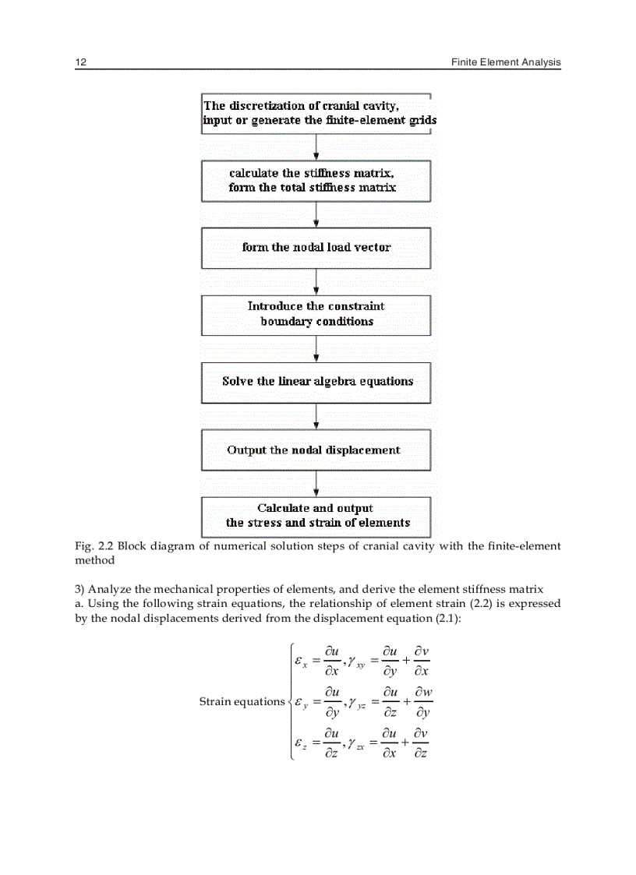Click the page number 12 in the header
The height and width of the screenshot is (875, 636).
tap(79, 62)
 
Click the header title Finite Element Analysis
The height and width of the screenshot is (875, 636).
tap(506, 62)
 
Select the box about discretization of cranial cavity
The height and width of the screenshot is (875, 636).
tap(316, 113)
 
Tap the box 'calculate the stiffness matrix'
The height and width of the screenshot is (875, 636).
tap(316, 181)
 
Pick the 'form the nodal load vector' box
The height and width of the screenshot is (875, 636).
tap(316, 248)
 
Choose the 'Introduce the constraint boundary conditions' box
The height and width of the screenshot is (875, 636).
tap(316, 315)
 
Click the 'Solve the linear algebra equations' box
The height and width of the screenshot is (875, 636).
tap(316, 382)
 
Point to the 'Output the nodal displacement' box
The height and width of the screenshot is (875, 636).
tap(316, 450)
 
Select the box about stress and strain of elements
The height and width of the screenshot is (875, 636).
tap(316, 516)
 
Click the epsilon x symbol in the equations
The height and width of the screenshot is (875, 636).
tap(302, 661)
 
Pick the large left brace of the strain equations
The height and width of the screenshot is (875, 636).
tap(291, 701)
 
